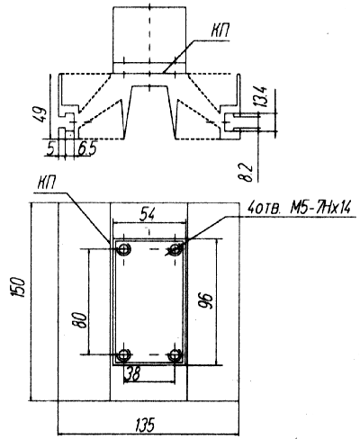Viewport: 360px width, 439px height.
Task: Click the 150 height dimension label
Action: [18, 287]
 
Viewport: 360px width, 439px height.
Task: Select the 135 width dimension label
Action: [145, 425]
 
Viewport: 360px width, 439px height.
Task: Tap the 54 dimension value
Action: [148, 215]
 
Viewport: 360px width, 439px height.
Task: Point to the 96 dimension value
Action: [206, 300]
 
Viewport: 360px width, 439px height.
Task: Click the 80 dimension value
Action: [80, 320]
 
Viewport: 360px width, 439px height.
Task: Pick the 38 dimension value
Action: [132, 373]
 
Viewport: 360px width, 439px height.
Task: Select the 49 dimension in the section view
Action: [40, 114]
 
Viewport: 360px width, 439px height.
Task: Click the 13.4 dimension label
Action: [259, 96]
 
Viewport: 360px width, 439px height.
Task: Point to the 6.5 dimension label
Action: [87, 148]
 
